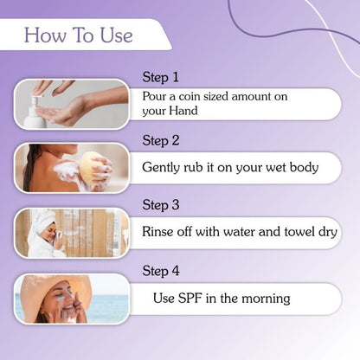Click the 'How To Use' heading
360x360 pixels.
[x=78, y=35]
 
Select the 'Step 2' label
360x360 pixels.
[x=161, y=140]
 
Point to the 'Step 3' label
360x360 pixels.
[x=161, y=205]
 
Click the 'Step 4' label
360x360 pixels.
[x=161, y=271]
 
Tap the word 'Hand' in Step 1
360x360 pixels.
[x=188, y=112]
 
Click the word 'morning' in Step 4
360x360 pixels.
[x=262, y=299]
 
